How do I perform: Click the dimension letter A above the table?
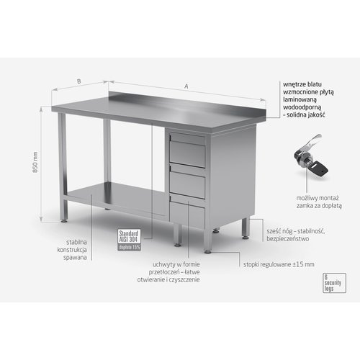click(186, 87)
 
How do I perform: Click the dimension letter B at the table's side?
click(78, 82)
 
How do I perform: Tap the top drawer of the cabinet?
click(187, 152)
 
